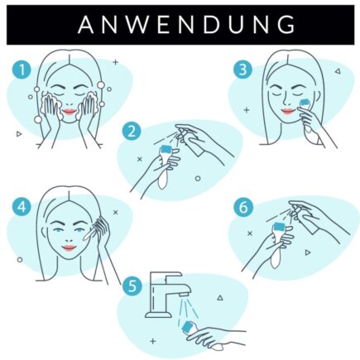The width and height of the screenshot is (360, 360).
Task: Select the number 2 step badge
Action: pyautogui.click(x=130, y=131)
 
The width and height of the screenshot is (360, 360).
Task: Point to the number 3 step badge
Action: pyautogui.click(x=242, y=70)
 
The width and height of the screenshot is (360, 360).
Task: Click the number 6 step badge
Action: pyautogui.click(x=242, y=207)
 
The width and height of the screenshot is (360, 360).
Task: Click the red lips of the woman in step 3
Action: pyautogui.click(x=286, y=110)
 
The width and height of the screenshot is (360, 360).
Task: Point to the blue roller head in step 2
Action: pyautogui.click(x=166, y=151)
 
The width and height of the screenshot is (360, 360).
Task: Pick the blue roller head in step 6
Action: pyautogui.click(x=280, y=227)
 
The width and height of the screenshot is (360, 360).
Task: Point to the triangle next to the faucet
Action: pyautogui.click(x=219, y=296)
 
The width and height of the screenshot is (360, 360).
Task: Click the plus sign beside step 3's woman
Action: pyautogui.click(x=246, y=109)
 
